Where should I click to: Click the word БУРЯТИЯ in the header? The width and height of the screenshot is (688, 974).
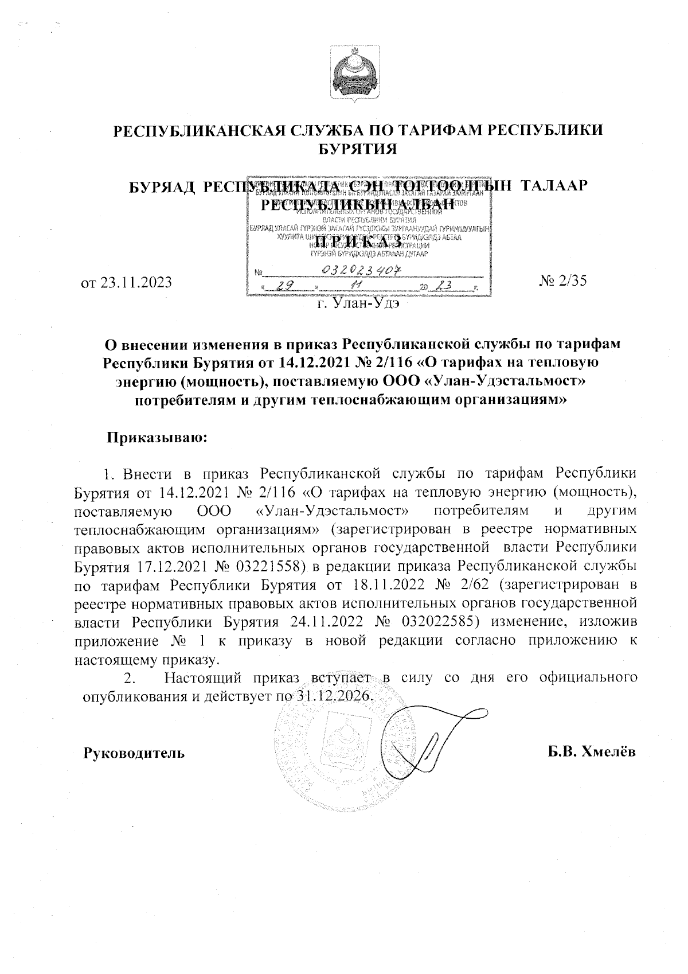(x=358, y=149)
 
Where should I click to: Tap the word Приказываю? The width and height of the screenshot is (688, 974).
(x=156, y=438)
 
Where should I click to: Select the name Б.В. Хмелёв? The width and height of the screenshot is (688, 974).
(x=591, y=753)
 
